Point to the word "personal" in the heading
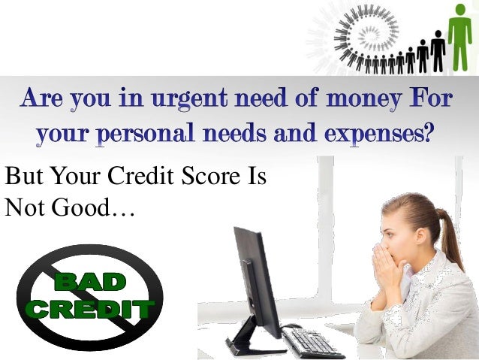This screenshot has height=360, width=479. click(x=154, y=134)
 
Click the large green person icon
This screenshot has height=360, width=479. click(x=459, y=34)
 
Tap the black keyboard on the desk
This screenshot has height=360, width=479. click(x=312, y=343)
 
